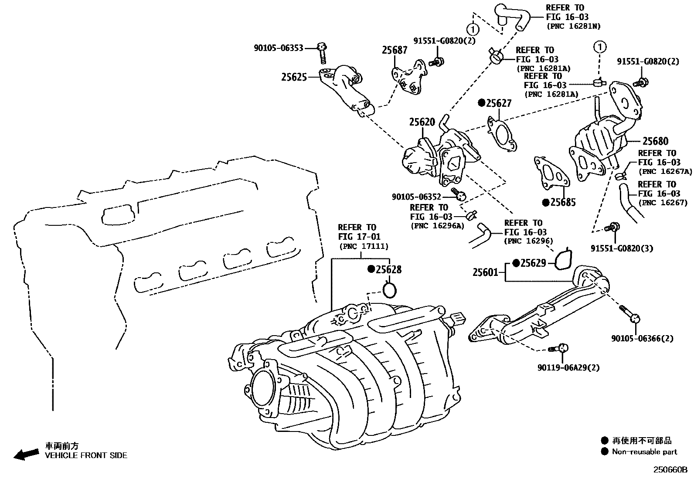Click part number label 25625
click(294, 77)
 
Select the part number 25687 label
click(395, 50)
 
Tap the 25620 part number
click(422, 122)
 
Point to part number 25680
click(655, 141)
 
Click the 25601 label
click(485, 272)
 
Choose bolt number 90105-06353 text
click(278, 48)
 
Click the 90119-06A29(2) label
click(568, 367)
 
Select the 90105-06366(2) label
click(642, 338)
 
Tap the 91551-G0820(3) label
click(622, 248)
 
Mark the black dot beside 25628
click(371, 269)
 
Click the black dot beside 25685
click(545, 202)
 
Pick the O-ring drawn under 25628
click(389, 289)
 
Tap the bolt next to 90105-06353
click(322, 52)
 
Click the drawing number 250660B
click(669, 470)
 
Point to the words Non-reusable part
click(644, 452)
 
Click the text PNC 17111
click(364, 246)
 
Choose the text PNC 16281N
click(574, 26)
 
